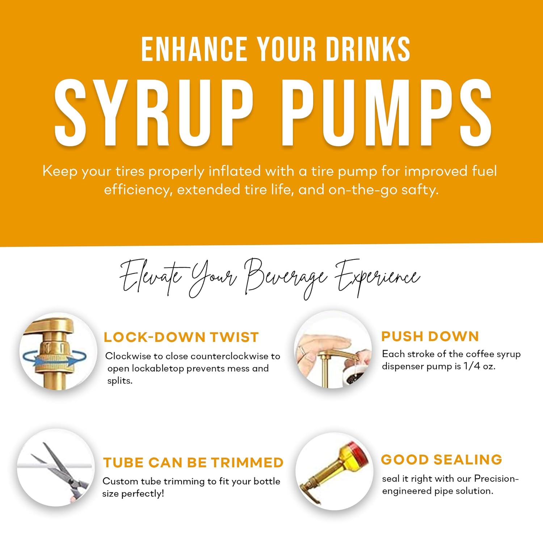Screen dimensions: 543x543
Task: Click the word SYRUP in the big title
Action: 154,113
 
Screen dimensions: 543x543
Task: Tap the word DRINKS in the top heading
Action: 368,49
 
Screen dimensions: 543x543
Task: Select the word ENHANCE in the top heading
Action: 194,49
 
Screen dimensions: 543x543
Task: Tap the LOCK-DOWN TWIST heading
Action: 181,337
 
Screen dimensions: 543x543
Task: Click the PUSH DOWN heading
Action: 430,336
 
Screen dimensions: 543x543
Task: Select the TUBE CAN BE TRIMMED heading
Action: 193,463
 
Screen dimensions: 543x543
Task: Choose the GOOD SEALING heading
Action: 442,460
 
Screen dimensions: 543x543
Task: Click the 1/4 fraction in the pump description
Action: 472,366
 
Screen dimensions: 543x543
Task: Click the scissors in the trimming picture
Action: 63,471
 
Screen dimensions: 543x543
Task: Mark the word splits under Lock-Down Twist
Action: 120,381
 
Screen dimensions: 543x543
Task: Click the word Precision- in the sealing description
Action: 496,479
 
